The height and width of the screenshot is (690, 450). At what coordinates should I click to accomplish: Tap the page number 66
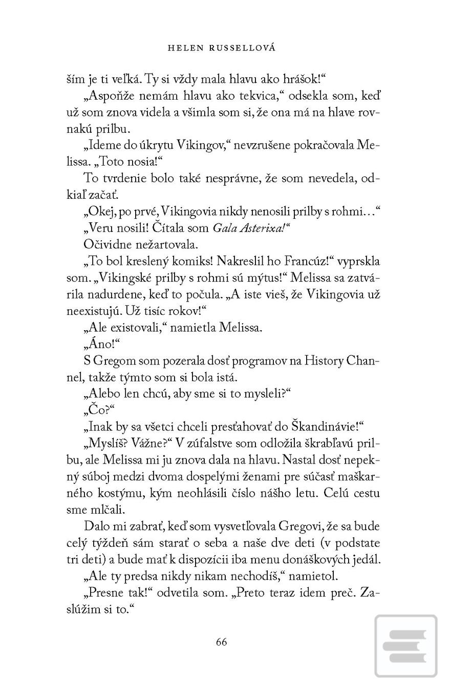coord(221,642)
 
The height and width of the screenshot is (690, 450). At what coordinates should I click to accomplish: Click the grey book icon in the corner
coord(405,646)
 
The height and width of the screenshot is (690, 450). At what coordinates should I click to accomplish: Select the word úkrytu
coord(156,145)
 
